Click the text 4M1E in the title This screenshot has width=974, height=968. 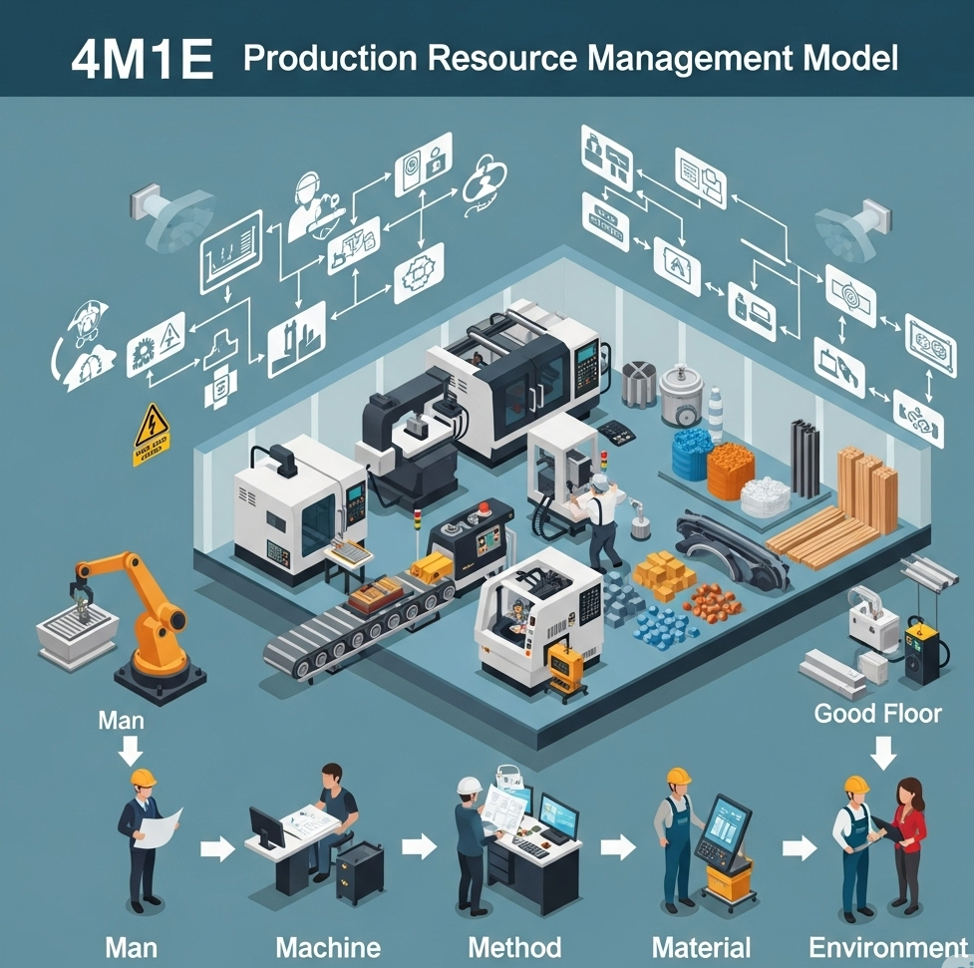(142, 60)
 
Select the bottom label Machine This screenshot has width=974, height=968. (328, 947)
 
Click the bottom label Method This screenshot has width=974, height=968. (513, 947)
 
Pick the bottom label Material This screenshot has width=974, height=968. (701, 947)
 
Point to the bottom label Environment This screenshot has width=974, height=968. (887, 947)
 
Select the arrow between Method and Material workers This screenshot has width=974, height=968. (618, 848)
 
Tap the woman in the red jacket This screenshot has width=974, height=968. (906, 842)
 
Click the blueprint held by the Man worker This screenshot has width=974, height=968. (159, 828)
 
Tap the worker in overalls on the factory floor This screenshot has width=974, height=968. (602, 518)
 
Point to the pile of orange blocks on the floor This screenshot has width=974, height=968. (664, 573)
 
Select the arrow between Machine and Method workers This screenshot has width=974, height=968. (420, 848)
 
